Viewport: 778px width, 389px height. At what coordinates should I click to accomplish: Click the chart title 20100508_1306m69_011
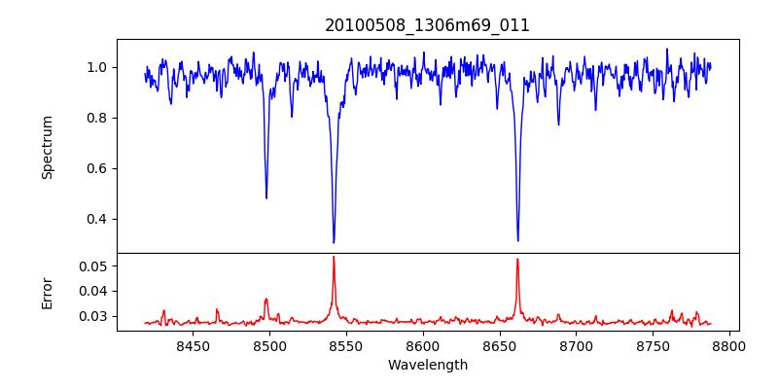coord(427,25)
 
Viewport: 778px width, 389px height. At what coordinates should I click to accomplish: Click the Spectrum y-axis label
coord(48,147)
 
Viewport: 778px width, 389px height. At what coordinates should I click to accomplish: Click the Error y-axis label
coord(48,292)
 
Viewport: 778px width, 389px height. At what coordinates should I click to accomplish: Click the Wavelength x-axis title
coord(427,366)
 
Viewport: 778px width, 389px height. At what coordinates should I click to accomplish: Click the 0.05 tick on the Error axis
coord(94,265)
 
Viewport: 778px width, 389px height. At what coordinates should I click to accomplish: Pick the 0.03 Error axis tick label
coord(94,316)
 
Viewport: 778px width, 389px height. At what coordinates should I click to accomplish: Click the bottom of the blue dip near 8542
coord(334,242)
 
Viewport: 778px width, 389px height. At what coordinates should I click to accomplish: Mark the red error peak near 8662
coord(517,259)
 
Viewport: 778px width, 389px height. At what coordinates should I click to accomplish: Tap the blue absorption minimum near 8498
coord(266,198)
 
